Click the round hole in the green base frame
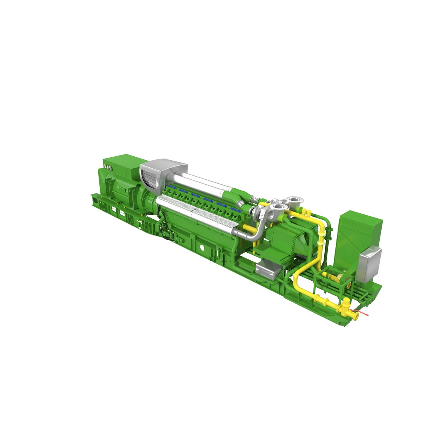[202, 248]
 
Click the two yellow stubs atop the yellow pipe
[306, 212]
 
